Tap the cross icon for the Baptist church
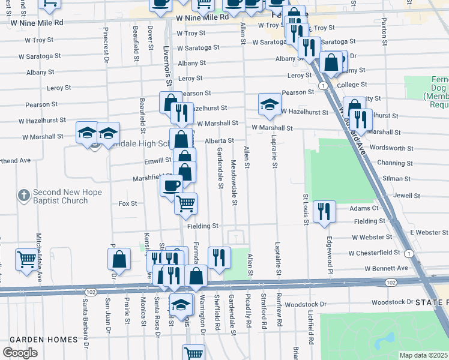tap(23, 195)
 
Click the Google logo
tap(20, 353)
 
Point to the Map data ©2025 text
tap(424, 355)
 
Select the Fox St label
tap(128, 203)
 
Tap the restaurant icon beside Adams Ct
tap(324, 211)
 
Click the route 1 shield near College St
tap(323, 86)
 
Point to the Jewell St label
tap(406, 195)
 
